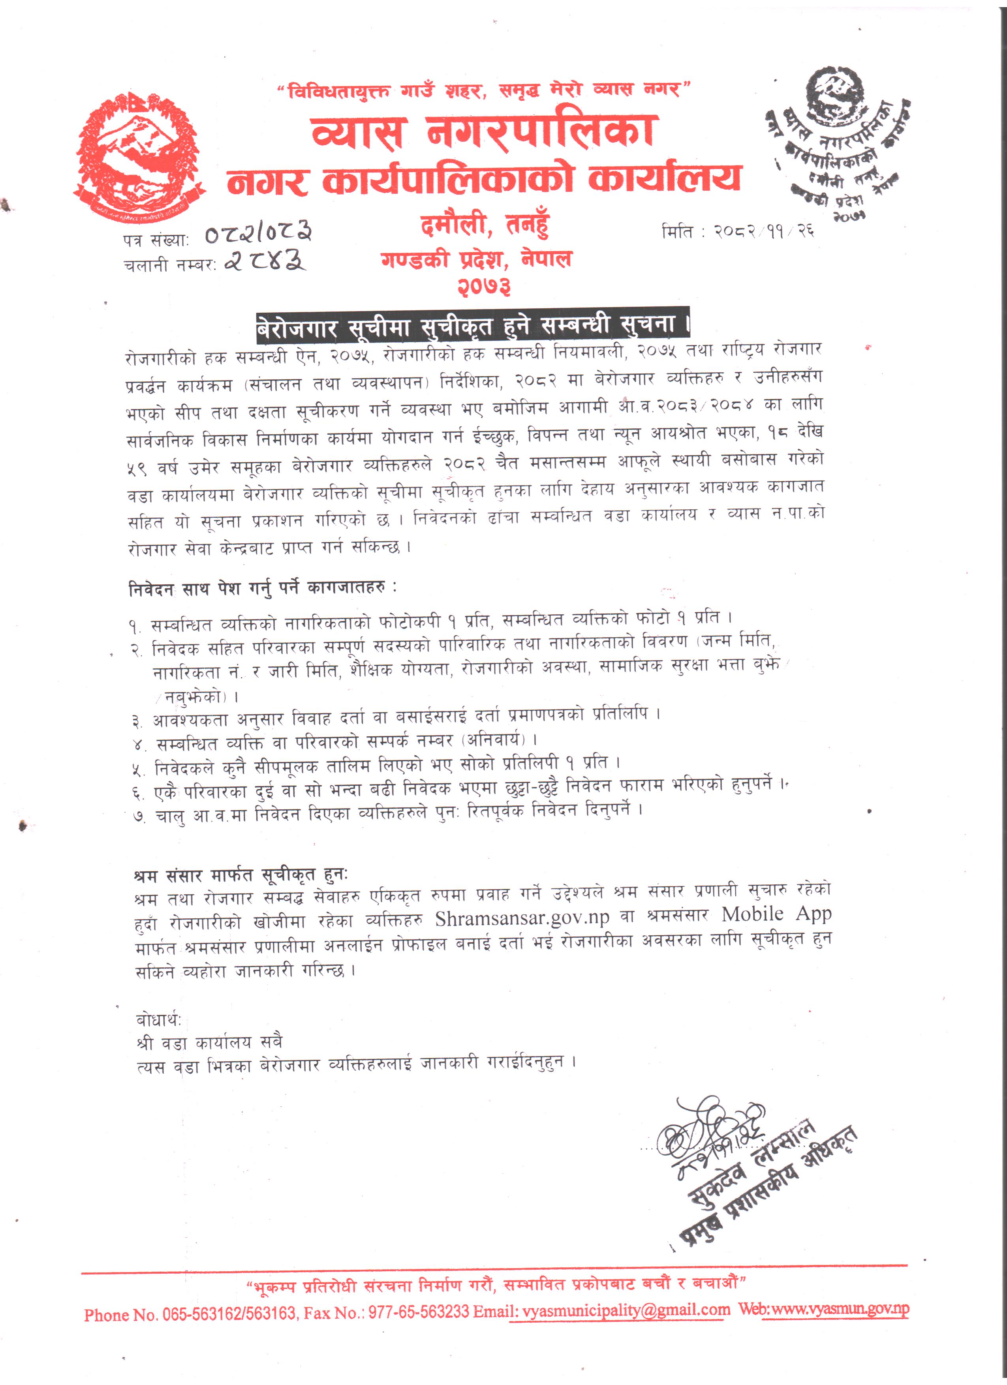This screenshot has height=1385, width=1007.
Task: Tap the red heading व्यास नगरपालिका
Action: click(x=483, y=131)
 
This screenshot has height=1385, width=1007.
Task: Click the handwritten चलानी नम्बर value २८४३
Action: click(x=266, y=261)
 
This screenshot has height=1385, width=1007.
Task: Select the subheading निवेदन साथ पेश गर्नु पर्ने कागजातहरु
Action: click(x=263, y=588)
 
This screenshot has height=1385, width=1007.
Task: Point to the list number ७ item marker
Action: click(x=139, y=817)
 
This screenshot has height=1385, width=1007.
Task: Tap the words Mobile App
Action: click(x=776, y=914)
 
